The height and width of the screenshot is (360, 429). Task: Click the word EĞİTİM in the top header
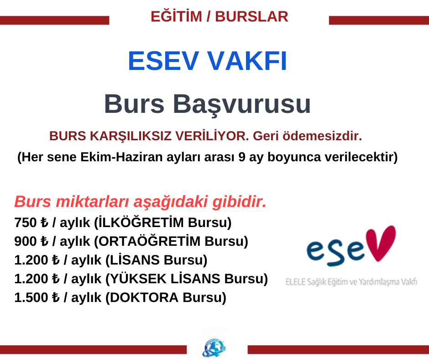click(176, 16)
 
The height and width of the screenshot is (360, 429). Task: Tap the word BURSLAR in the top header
click(251, 16)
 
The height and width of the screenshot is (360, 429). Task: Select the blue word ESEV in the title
click(163, 61)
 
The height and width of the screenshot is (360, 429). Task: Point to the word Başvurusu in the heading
click(242, 104)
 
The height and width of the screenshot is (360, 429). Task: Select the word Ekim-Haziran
click(121, 157)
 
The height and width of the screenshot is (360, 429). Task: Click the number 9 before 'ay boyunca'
click(241, 157)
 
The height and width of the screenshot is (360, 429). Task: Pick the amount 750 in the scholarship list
click(26, 222)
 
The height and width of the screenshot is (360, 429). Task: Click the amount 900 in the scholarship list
click(26, 241)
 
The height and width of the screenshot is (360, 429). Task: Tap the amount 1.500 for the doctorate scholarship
click(31, 297)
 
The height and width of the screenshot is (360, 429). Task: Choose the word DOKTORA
click(144, 297)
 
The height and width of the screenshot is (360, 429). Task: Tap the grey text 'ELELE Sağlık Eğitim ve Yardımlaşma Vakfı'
click(351, 282)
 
